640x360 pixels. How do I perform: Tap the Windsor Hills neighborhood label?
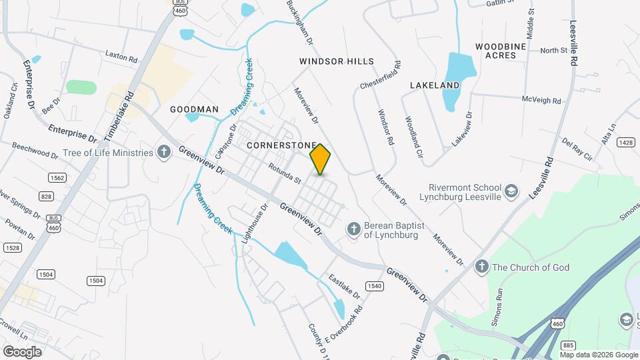click(x=337, y=61)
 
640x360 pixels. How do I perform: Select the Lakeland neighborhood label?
click(x=435, y=85)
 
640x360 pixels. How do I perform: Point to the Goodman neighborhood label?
click(x=194, y=109)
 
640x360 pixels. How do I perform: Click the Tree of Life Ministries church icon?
click(x=164, y=153)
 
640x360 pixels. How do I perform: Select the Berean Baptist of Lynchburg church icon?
click(x=354, y=230)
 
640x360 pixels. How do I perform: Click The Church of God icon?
click(x=481, y=267)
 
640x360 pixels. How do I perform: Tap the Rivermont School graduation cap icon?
click(x=511, y=191)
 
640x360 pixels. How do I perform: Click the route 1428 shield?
click(x=625, y=142)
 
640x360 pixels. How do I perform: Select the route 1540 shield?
click(x=375, y=286)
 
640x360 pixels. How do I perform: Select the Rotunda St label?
click(x=285, y=175)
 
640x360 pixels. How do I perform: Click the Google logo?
click(x=22, y=351)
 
